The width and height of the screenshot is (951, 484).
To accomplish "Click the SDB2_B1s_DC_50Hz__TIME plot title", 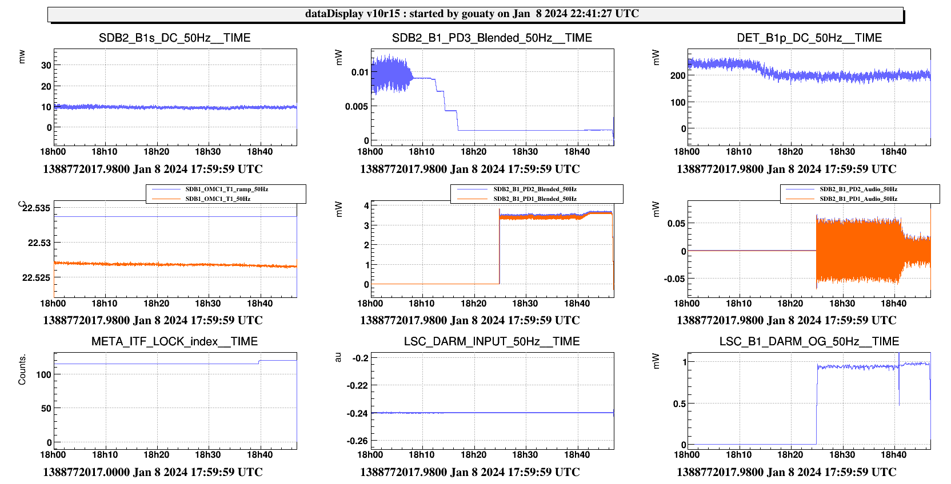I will (x=174, y=38).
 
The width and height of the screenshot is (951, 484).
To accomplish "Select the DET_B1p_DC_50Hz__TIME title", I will (x=809, y=38).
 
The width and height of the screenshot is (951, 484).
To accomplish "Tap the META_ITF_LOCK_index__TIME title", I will (x=174, y=341).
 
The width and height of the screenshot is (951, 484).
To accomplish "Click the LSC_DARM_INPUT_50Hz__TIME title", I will (x=492, y=341).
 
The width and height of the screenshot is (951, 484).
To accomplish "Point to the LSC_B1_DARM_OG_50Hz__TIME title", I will (x=809, y=341).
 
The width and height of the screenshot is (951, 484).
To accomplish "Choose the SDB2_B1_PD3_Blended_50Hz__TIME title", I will (x=492, y=38).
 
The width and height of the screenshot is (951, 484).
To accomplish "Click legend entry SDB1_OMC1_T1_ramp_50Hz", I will (x=226, y=189).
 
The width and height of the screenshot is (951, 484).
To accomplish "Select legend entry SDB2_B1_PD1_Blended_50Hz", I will (x=534, y=199).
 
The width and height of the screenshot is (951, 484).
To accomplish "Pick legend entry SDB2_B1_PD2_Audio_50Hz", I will (x=858, y=189).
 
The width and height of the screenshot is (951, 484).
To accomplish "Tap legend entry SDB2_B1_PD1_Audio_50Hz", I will (x=858, y=199).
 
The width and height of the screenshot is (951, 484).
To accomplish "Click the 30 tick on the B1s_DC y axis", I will (x=46, y=65).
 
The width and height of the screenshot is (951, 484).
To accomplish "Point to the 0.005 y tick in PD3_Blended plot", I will (x=357, y=106).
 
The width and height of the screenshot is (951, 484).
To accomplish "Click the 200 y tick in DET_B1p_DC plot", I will (x=678, y=75).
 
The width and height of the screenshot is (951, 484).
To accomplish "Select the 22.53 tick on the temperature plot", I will (x=39, y=243).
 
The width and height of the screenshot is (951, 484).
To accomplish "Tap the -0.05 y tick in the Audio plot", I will (x=674, y=279).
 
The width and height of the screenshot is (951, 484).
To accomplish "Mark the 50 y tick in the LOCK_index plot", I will (x=46, y=408).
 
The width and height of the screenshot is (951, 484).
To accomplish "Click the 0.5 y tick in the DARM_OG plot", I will (x=679, y=404).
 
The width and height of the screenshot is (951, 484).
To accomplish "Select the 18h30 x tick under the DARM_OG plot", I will (x=842, y=455).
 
